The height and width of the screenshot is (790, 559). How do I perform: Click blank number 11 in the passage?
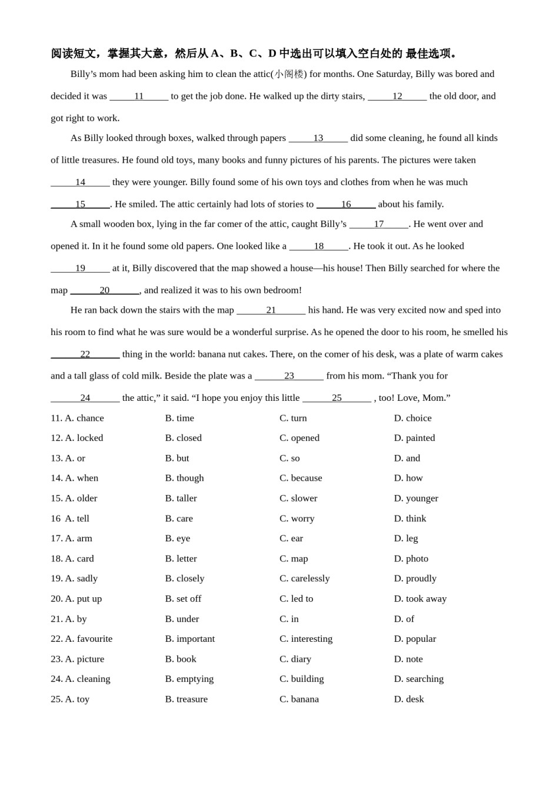(x=139, y=96)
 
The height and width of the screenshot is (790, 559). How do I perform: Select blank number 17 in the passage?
(x=378, y=224)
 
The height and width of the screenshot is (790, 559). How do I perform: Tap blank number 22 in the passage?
(x=85, y=354)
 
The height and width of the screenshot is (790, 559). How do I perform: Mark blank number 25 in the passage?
(x=337, y=398)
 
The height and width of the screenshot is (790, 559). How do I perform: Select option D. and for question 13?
(x=407, y=458)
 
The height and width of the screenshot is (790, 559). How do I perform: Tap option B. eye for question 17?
(x=177, y=538)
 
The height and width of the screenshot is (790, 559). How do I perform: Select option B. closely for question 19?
(x=184, y=578)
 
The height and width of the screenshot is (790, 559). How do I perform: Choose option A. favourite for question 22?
(x=88, y=638)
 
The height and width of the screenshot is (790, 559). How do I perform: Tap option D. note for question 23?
(x=408, y=659)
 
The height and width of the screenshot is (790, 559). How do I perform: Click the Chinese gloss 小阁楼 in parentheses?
(x=289, y=74)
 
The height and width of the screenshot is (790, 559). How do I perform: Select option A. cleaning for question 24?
(x=87, y=679)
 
